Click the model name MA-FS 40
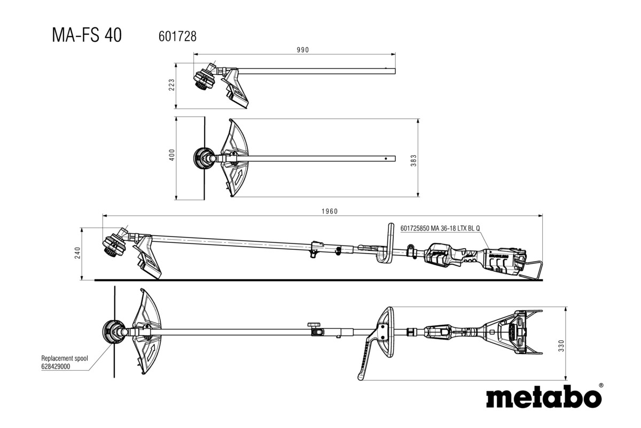(x=87, y=35)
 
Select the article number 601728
(x=177, y=36)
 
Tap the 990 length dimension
(x=303, y=50)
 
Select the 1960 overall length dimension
(x=330, y=211)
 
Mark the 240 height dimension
(x=78, y=254)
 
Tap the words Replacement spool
(x=65, y=358)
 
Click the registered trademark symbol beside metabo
(x=601, y=385)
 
